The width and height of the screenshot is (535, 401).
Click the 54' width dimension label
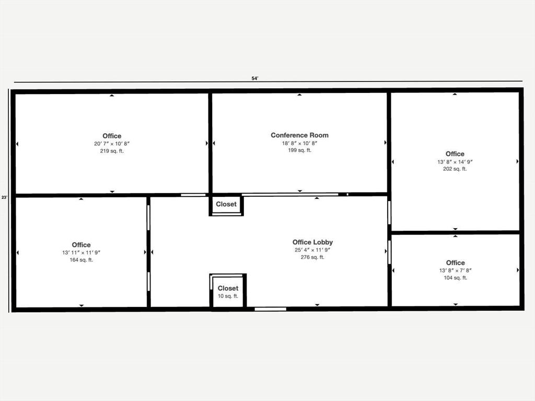(x=255, y=78)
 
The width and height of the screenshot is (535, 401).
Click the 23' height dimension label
(x=4, y=197)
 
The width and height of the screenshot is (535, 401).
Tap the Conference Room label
(x=299, y=135)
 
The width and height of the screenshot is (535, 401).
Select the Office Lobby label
(x=312, y=242)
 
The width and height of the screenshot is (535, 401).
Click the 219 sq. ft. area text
(x=112, y=151)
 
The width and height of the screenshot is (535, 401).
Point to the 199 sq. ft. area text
(x=299, y=150)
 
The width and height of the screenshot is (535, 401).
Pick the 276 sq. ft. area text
(x=312, y=257)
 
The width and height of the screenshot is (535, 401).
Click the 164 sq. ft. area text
(x=81, y=260)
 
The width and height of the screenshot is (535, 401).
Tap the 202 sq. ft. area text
(x=455, y=169)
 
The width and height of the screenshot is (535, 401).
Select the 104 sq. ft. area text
(x=455, y=278)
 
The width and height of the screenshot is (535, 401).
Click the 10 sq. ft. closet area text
(x=228, y=296)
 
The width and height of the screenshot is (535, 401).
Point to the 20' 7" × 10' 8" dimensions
(x=112, y=144)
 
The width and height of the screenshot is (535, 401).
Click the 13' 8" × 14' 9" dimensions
(x=455, y=161)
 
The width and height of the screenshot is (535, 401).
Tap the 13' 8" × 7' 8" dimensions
(x=455, y=270)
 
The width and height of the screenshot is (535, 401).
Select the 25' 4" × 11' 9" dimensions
(x=312, y=250)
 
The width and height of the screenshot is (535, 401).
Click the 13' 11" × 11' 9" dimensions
(x=81, y=252)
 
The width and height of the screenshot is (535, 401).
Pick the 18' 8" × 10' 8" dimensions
(x=299, y=143)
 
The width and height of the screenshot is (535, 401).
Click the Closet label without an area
(x=226, y=204)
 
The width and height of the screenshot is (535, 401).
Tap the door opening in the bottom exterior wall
(x=270, y=309)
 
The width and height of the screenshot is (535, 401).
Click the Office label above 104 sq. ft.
(x=455, y=263)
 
